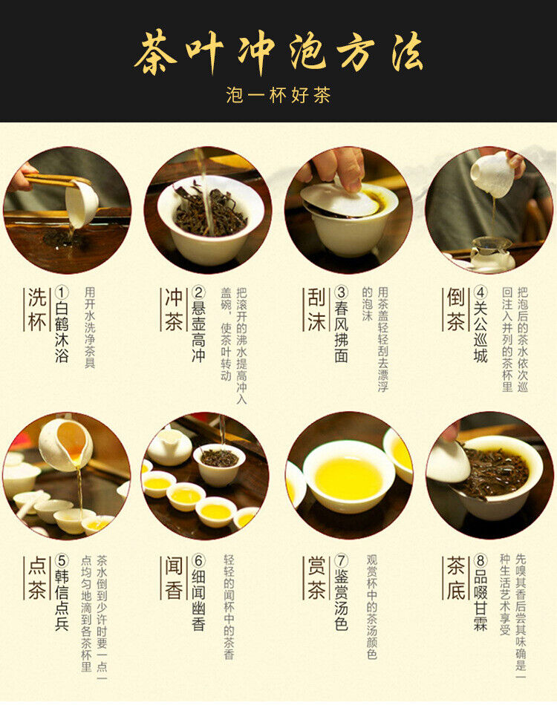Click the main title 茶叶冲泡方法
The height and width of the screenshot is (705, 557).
click(x=278, y=53)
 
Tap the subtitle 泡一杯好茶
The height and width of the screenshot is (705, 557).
click(x=278, y=95)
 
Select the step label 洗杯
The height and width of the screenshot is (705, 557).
click(x=36, y=309)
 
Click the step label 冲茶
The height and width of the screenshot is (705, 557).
click(x=172, y=309)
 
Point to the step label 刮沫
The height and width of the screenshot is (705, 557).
click(x=316, y=309)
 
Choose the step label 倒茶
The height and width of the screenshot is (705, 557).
click(x=455, y=309)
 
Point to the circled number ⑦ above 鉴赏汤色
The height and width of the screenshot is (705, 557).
click(x=341, y=562)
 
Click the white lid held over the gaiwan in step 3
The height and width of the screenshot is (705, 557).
click(x=339, y=199)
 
